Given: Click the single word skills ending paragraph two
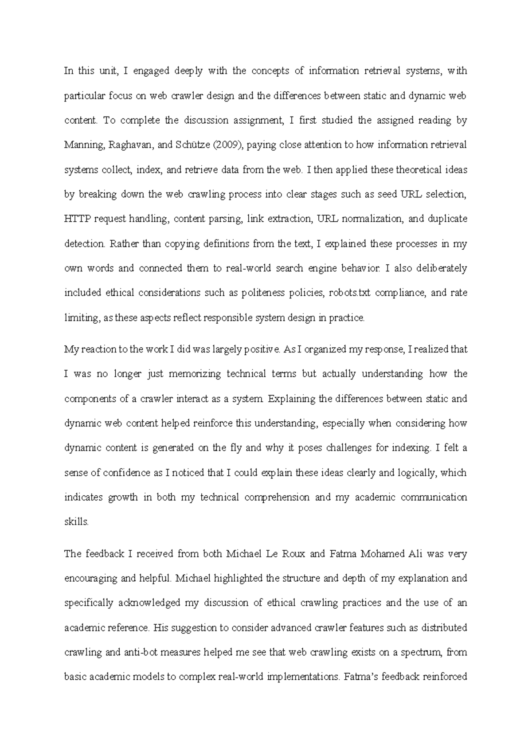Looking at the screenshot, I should coord(76,522).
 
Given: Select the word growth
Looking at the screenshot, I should coord(122,497).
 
